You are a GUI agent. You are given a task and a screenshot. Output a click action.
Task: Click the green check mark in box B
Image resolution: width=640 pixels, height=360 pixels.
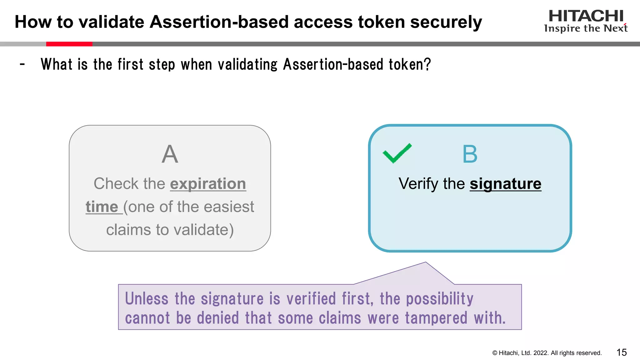point(397,153)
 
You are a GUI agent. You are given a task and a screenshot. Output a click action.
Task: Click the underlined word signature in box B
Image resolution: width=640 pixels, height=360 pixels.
point(505,184)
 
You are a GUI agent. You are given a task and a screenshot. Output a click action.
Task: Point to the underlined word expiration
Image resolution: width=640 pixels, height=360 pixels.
point(208,184)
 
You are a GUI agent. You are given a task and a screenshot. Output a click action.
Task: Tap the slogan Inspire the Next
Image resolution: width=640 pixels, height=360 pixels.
point(586,28)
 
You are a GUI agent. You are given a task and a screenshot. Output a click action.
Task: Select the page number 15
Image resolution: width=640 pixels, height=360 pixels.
point(622,352)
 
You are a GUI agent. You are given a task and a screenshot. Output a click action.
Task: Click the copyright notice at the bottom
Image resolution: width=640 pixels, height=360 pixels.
point(547,353)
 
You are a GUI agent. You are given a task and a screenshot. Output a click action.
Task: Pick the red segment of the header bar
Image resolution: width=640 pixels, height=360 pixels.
point(69,44)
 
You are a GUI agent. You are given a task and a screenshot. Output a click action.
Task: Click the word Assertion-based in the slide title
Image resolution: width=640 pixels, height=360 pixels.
point(219,22)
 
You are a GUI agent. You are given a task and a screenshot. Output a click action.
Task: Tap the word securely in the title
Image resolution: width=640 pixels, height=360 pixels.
point(446,22)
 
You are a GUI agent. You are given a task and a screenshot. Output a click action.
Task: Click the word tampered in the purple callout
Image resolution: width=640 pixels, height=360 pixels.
point(436,318)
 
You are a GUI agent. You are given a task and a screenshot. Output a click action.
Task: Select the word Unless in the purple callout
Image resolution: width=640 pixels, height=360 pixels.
point(147,298)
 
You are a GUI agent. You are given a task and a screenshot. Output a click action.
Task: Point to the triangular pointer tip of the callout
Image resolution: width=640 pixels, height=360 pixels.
point(425,263)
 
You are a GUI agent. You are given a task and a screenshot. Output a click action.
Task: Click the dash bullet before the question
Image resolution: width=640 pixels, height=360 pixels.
point(22,64)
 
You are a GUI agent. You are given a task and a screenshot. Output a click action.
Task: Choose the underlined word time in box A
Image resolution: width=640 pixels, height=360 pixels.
point(102,207)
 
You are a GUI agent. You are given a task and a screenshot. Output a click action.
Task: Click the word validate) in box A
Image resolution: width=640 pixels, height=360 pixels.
point(203,230)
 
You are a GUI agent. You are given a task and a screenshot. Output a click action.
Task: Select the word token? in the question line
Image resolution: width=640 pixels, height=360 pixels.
point(410,64)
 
